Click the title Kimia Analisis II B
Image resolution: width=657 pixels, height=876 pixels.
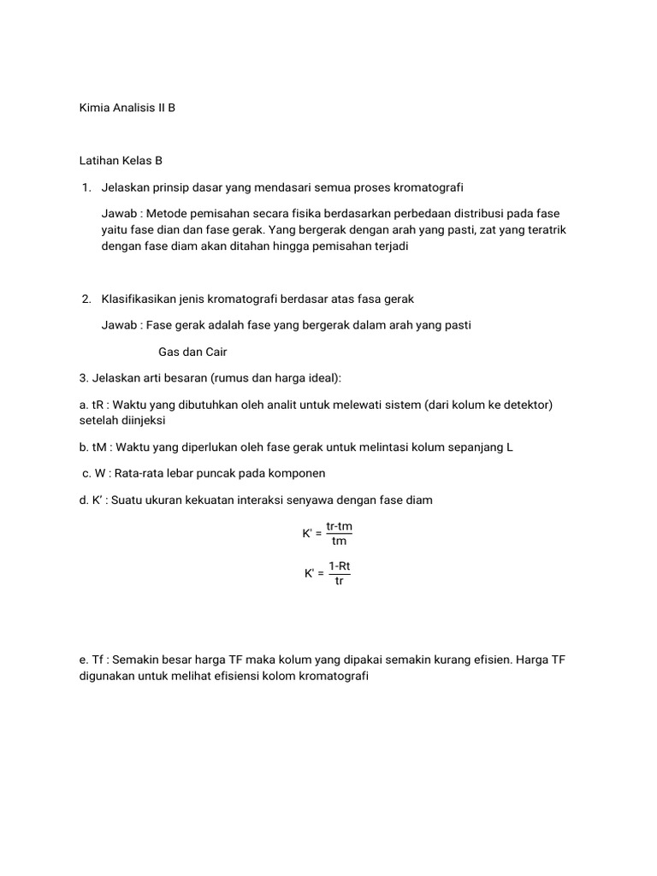127,109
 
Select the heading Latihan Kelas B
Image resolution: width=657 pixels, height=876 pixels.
121,160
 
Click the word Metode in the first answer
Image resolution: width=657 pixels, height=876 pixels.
166,213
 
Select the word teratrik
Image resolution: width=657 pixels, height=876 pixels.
544,230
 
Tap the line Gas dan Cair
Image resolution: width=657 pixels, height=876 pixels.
192,352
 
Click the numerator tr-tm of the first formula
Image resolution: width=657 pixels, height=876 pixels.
339,526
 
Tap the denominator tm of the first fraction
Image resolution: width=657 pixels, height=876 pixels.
339,541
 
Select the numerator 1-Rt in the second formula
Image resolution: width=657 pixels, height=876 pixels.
339,566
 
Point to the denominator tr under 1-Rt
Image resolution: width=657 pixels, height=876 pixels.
339,581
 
